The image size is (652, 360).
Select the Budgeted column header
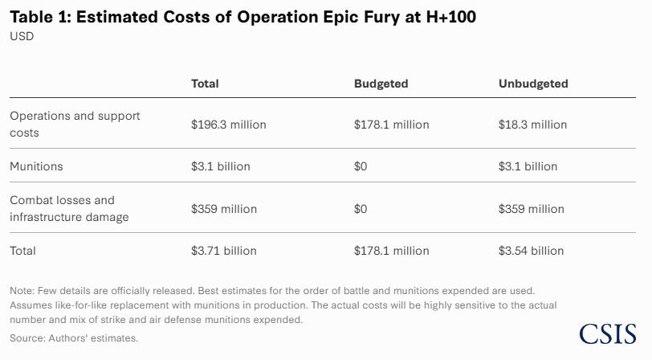point(381,84)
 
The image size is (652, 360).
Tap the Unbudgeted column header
point(533,84)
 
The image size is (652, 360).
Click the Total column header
point(205,84)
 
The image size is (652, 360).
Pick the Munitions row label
point(36,166)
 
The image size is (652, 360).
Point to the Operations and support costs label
point(75,124)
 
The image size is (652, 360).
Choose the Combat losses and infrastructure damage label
point(69,208)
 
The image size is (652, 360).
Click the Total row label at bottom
point(22,251)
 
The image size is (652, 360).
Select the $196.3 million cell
point(228,125)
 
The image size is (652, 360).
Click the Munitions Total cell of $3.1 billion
point(220,166)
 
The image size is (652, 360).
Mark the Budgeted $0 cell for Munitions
point(361,166)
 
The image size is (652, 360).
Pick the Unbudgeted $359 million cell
point(531,209)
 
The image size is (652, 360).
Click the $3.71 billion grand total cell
point(223,251)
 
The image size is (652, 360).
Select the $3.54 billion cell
point(531,251)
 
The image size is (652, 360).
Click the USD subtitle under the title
point(22,36)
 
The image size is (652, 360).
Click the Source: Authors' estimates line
point(74,338)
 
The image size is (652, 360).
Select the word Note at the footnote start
point(22,290)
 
